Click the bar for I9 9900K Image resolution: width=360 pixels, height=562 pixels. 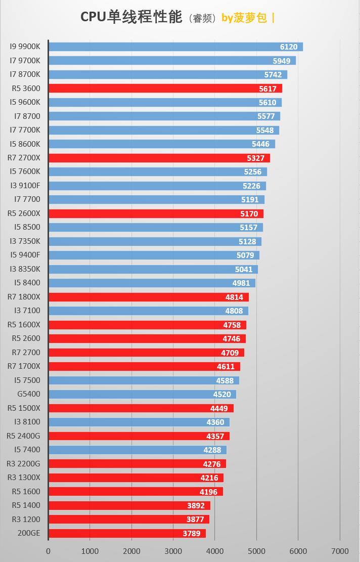[x=175, y=47]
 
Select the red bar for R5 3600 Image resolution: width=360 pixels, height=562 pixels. [x=165, y=89]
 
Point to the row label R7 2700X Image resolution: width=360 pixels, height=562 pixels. [x=24, y=158]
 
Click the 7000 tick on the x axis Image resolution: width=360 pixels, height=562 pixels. [x=340, y=551]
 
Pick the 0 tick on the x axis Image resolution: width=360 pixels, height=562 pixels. [x=49, y=551]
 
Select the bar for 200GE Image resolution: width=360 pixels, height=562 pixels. [x=127, y=533]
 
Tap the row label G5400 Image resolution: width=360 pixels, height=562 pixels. [x=28, y=394]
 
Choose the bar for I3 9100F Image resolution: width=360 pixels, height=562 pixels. [x=157, y=186]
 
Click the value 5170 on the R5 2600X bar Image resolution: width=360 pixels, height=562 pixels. [x=249, y=213]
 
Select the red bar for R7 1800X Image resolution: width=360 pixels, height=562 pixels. [x=149, y=297]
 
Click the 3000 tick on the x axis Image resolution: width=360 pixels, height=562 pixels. [x=173, y=551]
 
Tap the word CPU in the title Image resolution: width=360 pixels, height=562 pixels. [x=93, y=17]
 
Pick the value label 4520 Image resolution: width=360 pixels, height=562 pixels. [x=222, y=395]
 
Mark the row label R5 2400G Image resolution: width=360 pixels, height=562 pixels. [x=23, y=436]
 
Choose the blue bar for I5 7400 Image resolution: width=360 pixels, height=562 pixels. [x=138, y=450]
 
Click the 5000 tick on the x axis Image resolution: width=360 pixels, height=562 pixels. [x=256, y=551]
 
